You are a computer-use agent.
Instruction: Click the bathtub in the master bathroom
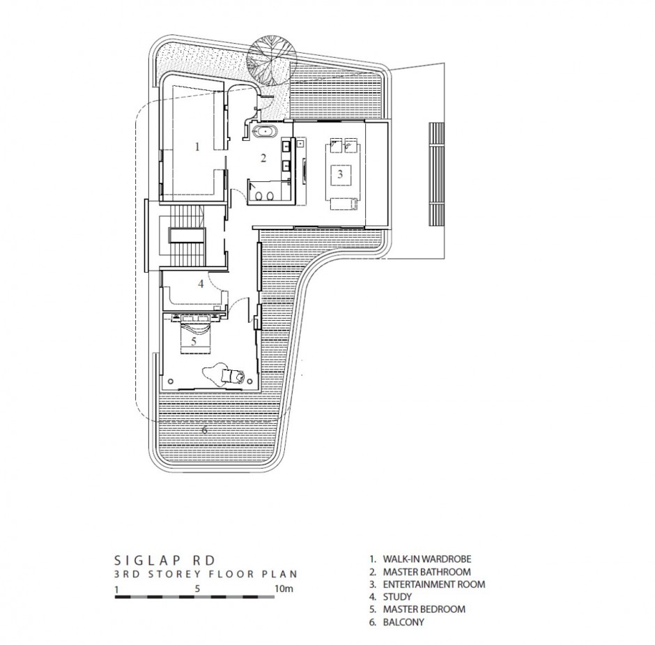pyautogui.click(x=265, y=131)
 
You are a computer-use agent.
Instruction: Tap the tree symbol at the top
pyautogui.click(x=272, y=60)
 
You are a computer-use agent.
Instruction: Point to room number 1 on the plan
pyautogui.click(x=198, y=146)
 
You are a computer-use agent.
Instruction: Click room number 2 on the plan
pyautogui.click(x=263, y=158)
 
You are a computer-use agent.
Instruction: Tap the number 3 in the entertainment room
pyautogui.click(x=340, y=174)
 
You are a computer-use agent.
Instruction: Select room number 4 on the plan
pyautogui.click(x=201, y=284)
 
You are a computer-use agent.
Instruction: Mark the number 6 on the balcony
pyautogui.click(x=205, y=430)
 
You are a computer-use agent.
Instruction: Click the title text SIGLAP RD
pyautogui.click(x=165, y=560)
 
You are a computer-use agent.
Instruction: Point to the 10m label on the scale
pyautogui.click(x=284, y=589)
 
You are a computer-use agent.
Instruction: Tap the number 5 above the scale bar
pyautogui.click(x=198, y=589)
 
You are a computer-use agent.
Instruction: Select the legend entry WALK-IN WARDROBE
pyautogui.click(x=421, y=559)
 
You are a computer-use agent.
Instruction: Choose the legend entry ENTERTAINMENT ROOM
pyautogui.click(x=427, y=584)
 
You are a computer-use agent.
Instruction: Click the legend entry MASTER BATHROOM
pyautogui.click(x=420, y=571)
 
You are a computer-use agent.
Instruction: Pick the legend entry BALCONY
pyautogui.click(x=397, y=621)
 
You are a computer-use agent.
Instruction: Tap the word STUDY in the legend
pyautogui.click(x=397, y=596)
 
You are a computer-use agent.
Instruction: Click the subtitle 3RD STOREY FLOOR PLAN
pyautogui.click(x=206, y=574)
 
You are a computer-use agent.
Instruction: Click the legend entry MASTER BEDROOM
pyautogui.click(x=417, y=609)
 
